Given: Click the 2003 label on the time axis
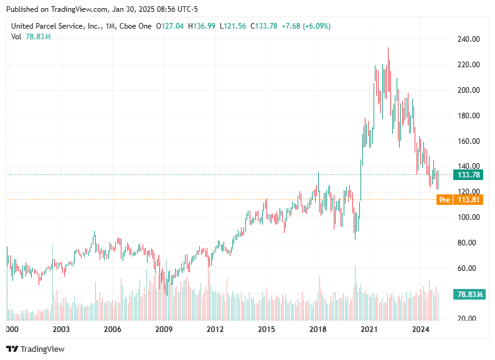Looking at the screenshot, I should pos(60,329).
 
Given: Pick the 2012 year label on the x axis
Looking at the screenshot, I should pos(215,329).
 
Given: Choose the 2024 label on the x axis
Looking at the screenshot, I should pos(422,329).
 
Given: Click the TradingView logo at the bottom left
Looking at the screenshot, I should pos(35,349).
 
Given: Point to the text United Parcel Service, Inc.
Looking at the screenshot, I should pos(53,26).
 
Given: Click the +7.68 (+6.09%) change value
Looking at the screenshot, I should pos(306,26).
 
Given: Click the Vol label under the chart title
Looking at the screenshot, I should pos(16,37).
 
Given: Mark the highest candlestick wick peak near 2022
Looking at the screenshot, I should pos(389,48).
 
